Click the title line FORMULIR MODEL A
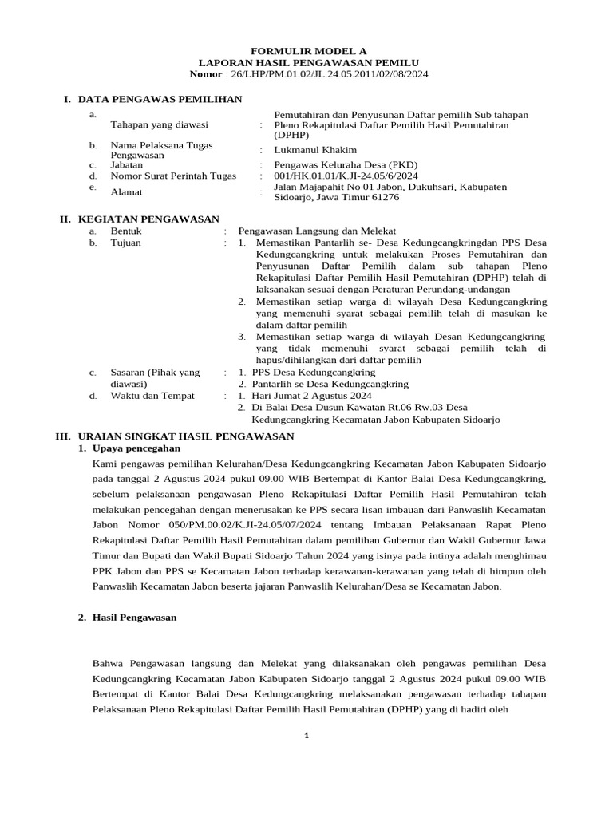point(306,49)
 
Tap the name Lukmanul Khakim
point(315,150)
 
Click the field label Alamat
point(127,192)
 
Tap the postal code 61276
point(385,197)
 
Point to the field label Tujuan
point(127,243)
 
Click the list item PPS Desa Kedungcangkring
point(313,372)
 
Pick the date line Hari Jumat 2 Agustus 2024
point(311,396)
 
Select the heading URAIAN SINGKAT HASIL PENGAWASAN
point(184,436)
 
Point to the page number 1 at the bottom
point(306,735)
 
